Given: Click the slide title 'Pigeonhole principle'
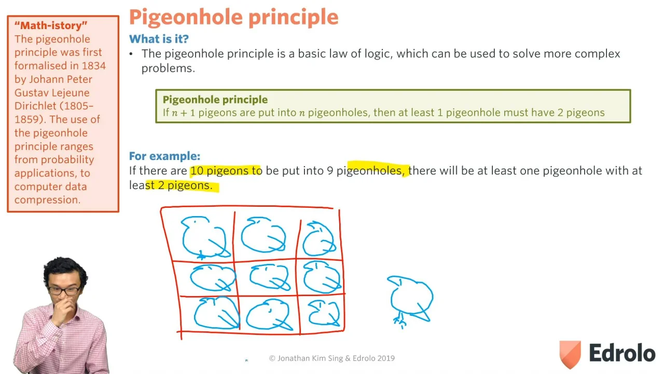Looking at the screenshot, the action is coord(233,17).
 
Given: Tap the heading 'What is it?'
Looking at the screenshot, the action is coord(159,39).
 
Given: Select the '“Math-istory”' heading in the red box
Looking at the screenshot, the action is coord(51,25).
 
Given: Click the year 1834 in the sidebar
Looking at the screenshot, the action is coord(94,65).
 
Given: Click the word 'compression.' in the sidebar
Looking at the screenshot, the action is coord(47,200).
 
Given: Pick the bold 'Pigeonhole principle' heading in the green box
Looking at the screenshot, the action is coord(215,100).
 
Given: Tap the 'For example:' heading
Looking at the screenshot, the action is coord(164,156).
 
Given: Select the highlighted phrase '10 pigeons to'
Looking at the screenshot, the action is coord(226,171).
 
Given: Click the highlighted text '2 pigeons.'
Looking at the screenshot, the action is coord(185,185).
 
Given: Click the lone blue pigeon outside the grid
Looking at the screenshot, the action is coord(410,300).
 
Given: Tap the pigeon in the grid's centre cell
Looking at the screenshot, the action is coord(269,277).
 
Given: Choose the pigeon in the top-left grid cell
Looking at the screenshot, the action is coord(204,237).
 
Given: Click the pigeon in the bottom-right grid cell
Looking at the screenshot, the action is coord(324,313).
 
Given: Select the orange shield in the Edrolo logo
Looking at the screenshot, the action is coord(570,354).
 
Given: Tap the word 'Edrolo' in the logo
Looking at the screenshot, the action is coord(622,353).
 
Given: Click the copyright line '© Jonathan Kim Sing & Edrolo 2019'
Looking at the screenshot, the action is coord(331,358).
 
